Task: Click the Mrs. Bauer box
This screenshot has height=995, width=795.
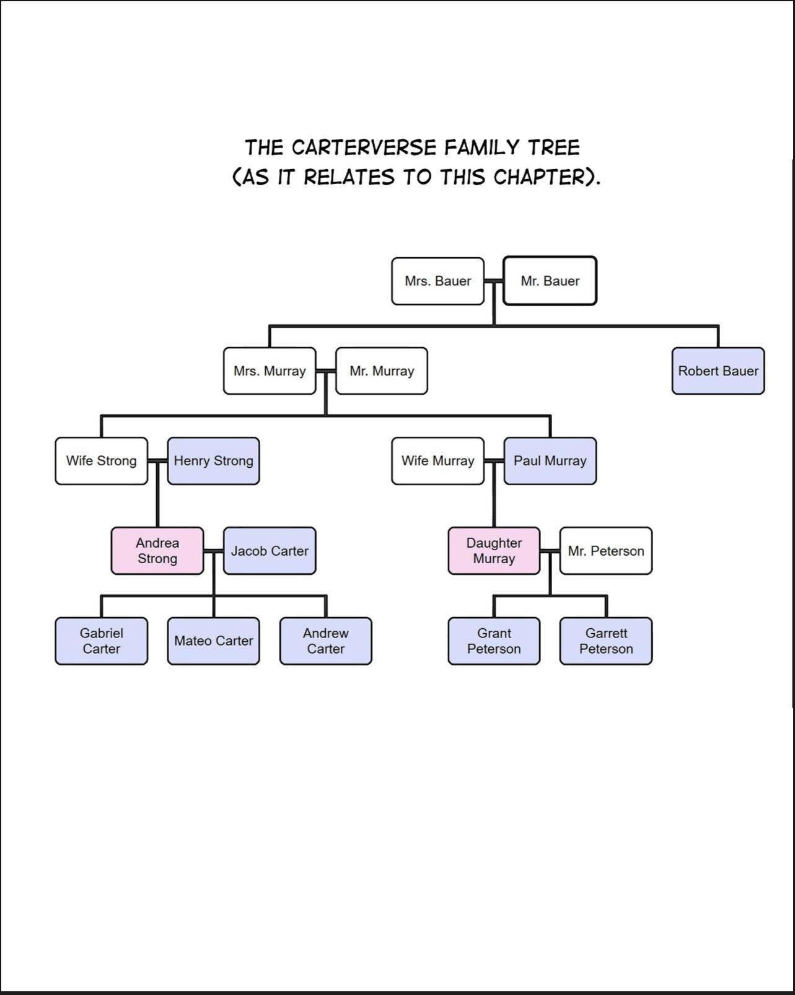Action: pyautogui.click(x=437, y=281)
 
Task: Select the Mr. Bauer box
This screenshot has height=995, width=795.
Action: pyautogui.click(x=550, y=281)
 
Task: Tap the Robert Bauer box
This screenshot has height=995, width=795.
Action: pyautogui.click(x=718, y=371)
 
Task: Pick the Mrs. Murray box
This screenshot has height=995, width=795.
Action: pyautogui.click(x=270, y=371)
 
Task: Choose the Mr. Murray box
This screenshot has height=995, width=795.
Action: pyautogui.click(x=382, y=371)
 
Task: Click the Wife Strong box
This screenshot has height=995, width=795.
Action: pyautogui.click(x=102, y=461)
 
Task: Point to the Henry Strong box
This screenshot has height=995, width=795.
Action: pyautogui.click(x=213, y=461)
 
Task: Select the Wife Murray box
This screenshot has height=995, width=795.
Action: pyautogui.click(x=437, y=461)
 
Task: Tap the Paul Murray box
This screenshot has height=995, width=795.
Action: pyautogui.click(x=550, y=461)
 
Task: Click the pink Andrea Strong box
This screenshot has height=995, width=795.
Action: pyautogui.click(x=157, y=551)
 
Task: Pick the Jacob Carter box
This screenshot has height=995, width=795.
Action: pyautogui.click(x=270, y=551)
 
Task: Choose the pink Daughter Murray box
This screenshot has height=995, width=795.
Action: pyautogui.click(x=494, y=551)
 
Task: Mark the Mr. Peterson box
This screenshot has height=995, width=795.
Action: pyautogui.click(x=606, y=551)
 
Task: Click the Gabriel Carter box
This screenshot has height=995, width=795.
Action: pyautogui.click(x=102, y=641)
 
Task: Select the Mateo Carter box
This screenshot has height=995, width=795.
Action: pyautogui.click(x=213, y=641)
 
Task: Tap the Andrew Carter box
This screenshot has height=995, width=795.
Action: pyautogui.click(x=325, y=641)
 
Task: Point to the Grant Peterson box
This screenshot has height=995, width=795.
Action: pyautogui.click(x=494, y=641)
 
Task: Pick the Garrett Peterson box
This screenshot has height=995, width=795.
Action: pyautogui.click(x=606, y=641)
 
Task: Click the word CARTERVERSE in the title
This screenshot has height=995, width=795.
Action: pyautogui.click(x=364, y=147)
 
